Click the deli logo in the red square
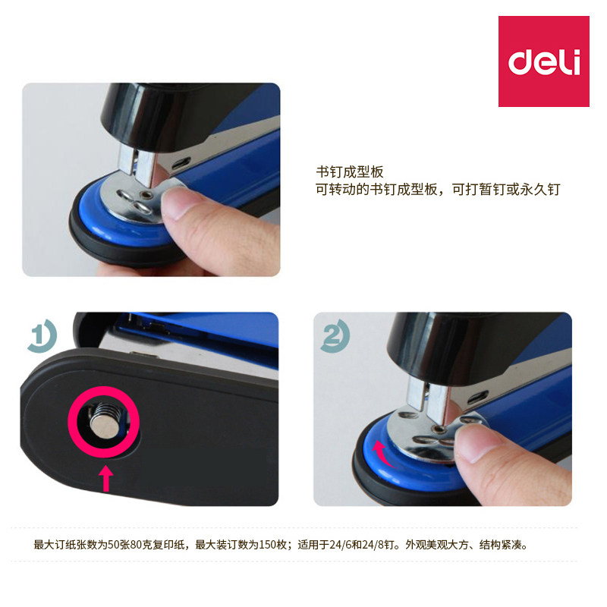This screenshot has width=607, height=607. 544,61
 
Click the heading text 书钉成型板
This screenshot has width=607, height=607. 350,172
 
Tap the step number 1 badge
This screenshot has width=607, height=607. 42,335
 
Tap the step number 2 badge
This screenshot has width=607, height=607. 335,335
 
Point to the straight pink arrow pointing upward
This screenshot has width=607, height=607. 105,479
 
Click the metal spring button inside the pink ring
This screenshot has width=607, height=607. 104,421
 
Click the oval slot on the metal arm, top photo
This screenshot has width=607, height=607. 181,163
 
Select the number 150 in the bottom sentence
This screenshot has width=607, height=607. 267,545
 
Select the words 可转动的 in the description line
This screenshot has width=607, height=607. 342,189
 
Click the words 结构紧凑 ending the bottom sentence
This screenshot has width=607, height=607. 501,545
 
